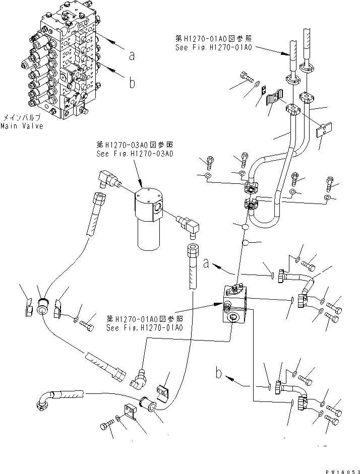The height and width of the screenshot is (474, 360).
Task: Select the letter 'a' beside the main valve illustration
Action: pos(132,56)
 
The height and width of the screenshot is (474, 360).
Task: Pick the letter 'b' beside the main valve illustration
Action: pos(132,83)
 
